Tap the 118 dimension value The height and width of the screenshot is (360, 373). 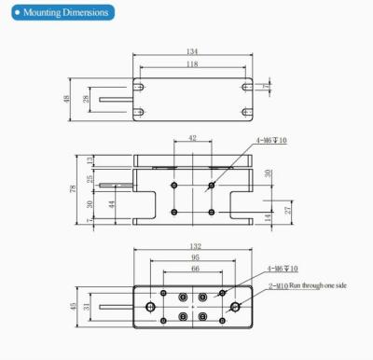tap(193, 64)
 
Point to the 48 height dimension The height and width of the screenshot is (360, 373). tap(68, 99)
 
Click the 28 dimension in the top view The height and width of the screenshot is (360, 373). tap(87, 99)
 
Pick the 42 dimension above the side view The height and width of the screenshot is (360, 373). tap(193, 137)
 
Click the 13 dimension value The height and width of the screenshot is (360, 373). tap(90, 160)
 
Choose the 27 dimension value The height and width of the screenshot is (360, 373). tap(287, 211)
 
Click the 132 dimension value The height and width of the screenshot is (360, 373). tap(193, 247)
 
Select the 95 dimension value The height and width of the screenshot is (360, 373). tap(193, 258)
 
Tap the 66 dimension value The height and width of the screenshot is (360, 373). tap(193, 269)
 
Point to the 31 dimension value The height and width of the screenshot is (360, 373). tap(87, 305)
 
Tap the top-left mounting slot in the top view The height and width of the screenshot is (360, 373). tap(140, 87)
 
